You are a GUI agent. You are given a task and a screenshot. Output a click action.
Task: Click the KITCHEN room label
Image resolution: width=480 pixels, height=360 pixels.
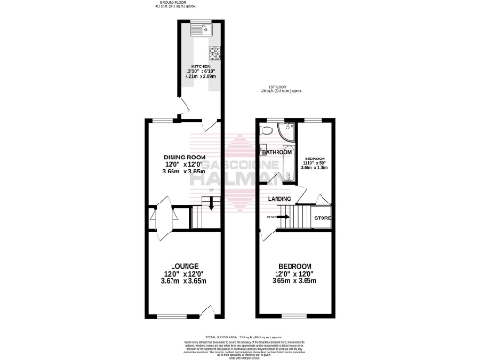201,66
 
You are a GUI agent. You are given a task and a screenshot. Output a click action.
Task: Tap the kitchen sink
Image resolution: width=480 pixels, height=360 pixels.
198,31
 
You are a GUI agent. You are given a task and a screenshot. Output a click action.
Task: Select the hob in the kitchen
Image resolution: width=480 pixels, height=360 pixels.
214,52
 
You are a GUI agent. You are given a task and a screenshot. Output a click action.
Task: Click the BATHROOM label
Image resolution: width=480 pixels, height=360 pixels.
277,152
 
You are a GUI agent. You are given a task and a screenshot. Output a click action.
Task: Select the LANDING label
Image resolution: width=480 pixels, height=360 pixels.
278,199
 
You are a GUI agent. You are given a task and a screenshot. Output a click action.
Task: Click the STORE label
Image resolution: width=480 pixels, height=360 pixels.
322,219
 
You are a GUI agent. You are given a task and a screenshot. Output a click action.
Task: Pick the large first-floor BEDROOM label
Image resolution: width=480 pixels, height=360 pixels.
293,266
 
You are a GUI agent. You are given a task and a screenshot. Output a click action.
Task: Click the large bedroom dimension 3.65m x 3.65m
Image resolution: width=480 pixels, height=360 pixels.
293,280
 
